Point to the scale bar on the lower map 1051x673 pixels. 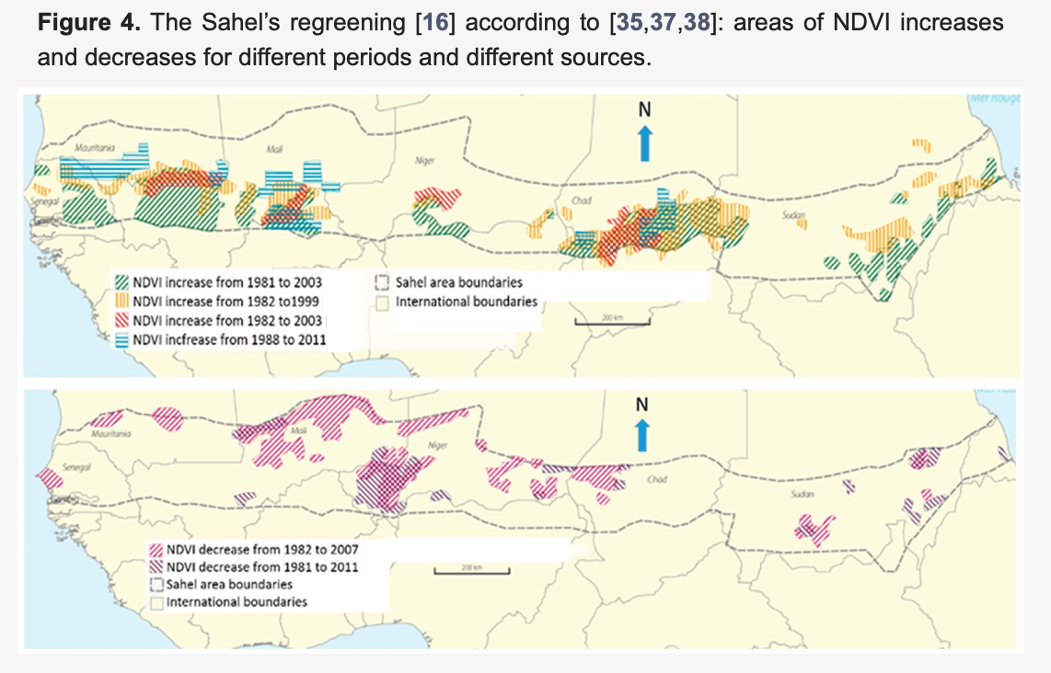click(x=469, y=572)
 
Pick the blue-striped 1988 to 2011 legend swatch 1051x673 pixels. click(x=122, y=340)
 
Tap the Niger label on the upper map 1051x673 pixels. click(x=424, y=160)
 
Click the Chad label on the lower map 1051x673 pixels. click(x=657, y=480)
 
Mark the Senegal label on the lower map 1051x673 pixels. click(x=75, y=468)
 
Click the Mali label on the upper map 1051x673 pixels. click(x=273, y=147)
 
